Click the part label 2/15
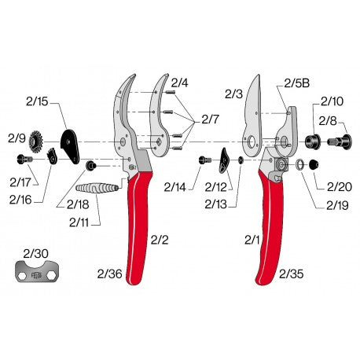(x=38, y=101)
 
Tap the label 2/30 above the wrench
(x=35, y=253)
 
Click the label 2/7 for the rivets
(x=211, y=119)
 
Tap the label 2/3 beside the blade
(x=233, y=94)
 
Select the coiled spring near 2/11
(x=99, y=190)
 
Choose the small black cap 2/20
(x=313, y=165)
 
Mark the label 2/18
(x=78, y=204)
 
